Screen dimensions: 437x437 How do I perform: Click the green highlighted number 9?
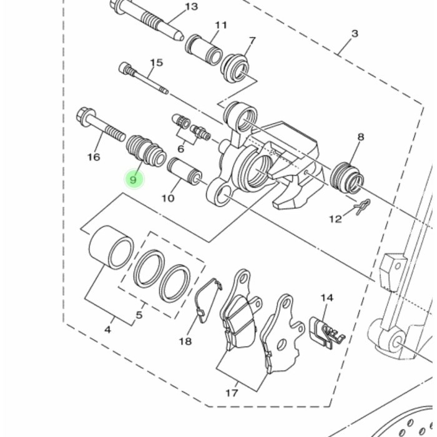click(134, 180)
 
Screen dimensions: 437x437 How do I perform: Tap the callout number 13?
click(192, 6)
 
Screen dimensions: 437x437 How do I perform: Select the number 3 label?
click(355, 34)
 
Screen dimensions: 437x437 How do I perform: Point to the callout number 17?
click(232, 393)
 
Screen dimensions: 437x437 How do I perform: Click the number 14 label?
click(327, 298)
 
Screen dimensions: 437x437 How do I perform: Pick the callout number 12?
click(336, 219)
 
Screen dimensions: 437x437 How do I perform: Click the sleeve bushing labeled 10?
click(185, 169)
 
